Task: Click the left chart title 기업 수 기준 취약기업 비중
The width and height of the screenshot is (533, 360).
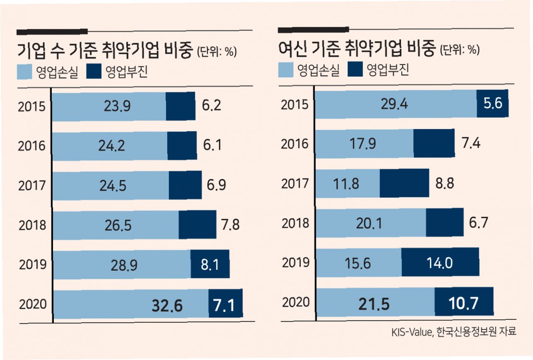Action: click(x=104, y=51)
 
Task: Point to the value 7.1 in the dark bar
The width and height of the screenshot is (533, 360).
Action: click(x=224, y=306)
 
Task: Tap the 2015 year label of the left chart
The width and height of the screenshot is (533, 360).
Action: click(x=32, y=107)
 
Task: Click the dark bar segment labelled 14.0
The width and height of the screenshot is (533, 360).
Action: click(x=440, y=262)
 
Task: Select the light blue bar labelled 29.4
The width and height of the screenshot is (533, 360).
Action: click(x=396, y=104)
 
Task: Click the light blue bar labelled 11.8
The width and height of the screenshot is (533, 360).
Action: click(x=347, y=183)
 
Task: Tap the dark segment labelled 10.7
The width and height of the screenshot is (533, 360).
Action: click(x=464, y=302)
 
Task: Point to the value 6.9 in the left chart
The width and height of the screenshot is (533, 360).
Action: click(x=215, y=185)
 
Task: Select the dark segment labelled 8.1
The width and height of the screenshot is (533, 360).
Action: click(x=210, y=265)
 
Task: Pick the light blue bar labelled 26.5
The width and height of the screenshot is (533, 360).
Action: click(x=116, y=225)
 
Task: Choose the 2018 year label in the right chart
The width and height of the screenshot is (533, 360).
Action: click(x=295, y=223)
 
